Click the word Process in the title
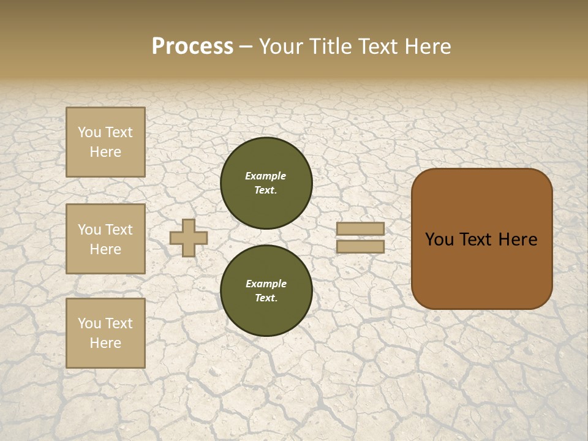pyautogui.click(x=192, y=47)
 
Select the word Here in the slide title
pyautogui.click(x=427, y=47)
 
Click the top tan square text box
pyautogui.click(x=105, y=142)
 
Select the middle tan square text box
pyautogui.click(x=105, y=239)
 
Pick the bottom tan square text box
pyautogui.click(x=105, y=333)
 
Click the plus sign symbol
pyautogui.click(x=188, y=238)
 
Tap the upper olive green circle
pyautogui.click(x=266, y=183)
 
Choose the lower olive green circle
pyautogui.click(x=266, y=290)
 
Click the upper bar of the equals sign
pyautogui.click(x=360, y=229)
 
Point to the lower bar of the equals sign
pyautogui.click(x=360, y=247)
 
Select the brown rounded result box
pyautogui.click(x=481, y=239)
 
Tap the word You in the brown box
pyautogui.click(x=439, y=239)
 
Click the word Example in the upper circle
pyautogui.click(x=266, y=176)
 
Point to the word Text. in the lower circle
pyautogui.click(x=266, y=298)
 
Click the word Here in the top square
pyautogui.click(x=105, y=152)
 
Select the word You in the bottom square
pyautogui.click(x=89, y=323)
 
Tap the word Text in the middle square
pyautogui.click(x=118, y=230)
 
